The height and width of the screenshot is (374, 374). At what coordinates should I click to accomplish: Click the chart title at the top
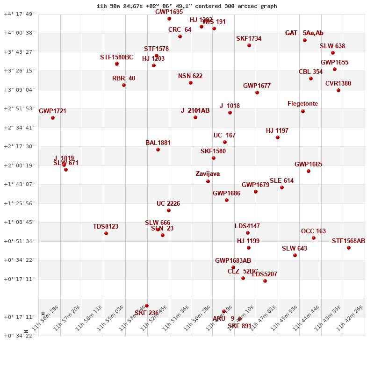pos(187,6)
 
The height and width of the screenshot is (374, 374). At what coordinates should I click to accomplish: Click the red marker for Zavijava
pos(208,181)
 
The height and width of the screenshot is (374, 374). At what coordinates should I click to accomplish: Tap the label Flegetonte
pos(302,104)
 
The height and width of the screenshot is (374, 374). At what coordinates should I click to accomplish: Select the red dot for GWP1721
pos(53,118)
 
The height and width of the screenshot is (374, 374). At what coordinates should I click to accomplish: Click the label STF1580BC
pos(116,58)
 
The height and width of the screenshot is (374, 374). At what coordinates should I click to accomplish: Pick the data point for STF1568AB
pos(349,248)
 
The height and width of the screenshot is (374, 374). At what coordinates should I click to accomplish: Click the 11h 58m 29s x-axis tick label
pos(46,318)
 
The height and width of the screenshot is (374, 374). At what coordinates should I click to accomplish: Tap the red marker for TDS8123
pos(106,233)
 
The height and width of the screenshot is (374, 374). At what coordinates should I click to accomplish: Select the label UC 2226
pos(168,204)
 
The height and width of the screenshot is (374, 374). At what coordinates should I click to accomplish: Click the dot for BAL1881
pos(158,150)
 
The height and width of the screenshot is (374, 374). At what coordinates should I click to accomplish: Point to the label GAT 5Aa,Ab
pos(304,33)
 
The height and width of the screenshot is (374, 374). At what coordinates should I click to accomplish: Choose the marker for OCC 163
pos(314,238)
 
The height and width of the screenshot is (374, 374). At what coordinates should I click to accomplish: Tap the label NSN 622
pos(190,76)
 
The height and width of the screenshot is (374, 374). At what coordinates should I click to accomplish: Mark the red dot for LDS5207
pos(265,281)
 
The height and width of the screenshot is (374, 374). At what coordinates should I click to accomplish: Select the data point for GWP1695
pos(169,19)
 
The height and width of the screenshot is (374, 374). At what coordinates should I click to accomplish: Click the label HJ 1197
pos(277,131)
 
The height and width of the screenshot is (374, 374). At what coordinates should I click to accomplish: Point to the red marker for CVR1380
pos(338,90)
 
